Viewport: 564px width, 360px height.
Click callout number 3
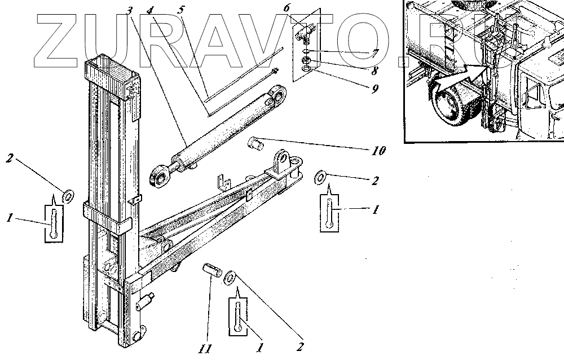pos(130,10)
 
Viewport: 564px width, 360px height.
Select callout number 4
pos(149,10)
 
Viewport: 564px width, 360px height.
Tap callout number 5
pos(180,10)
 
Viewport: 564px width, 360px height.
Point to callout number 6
pos(287,8)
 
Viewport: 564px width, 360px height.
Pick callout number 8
pos(374,71)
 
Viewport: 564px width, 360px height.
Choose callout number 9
pos(374,89)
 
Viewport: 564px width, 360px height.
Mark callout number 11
pos(205,349)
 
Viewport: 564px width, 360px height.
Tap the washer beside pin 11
pos(231,278)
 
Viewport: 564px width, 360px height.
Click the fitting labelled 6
pos(304,35)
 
